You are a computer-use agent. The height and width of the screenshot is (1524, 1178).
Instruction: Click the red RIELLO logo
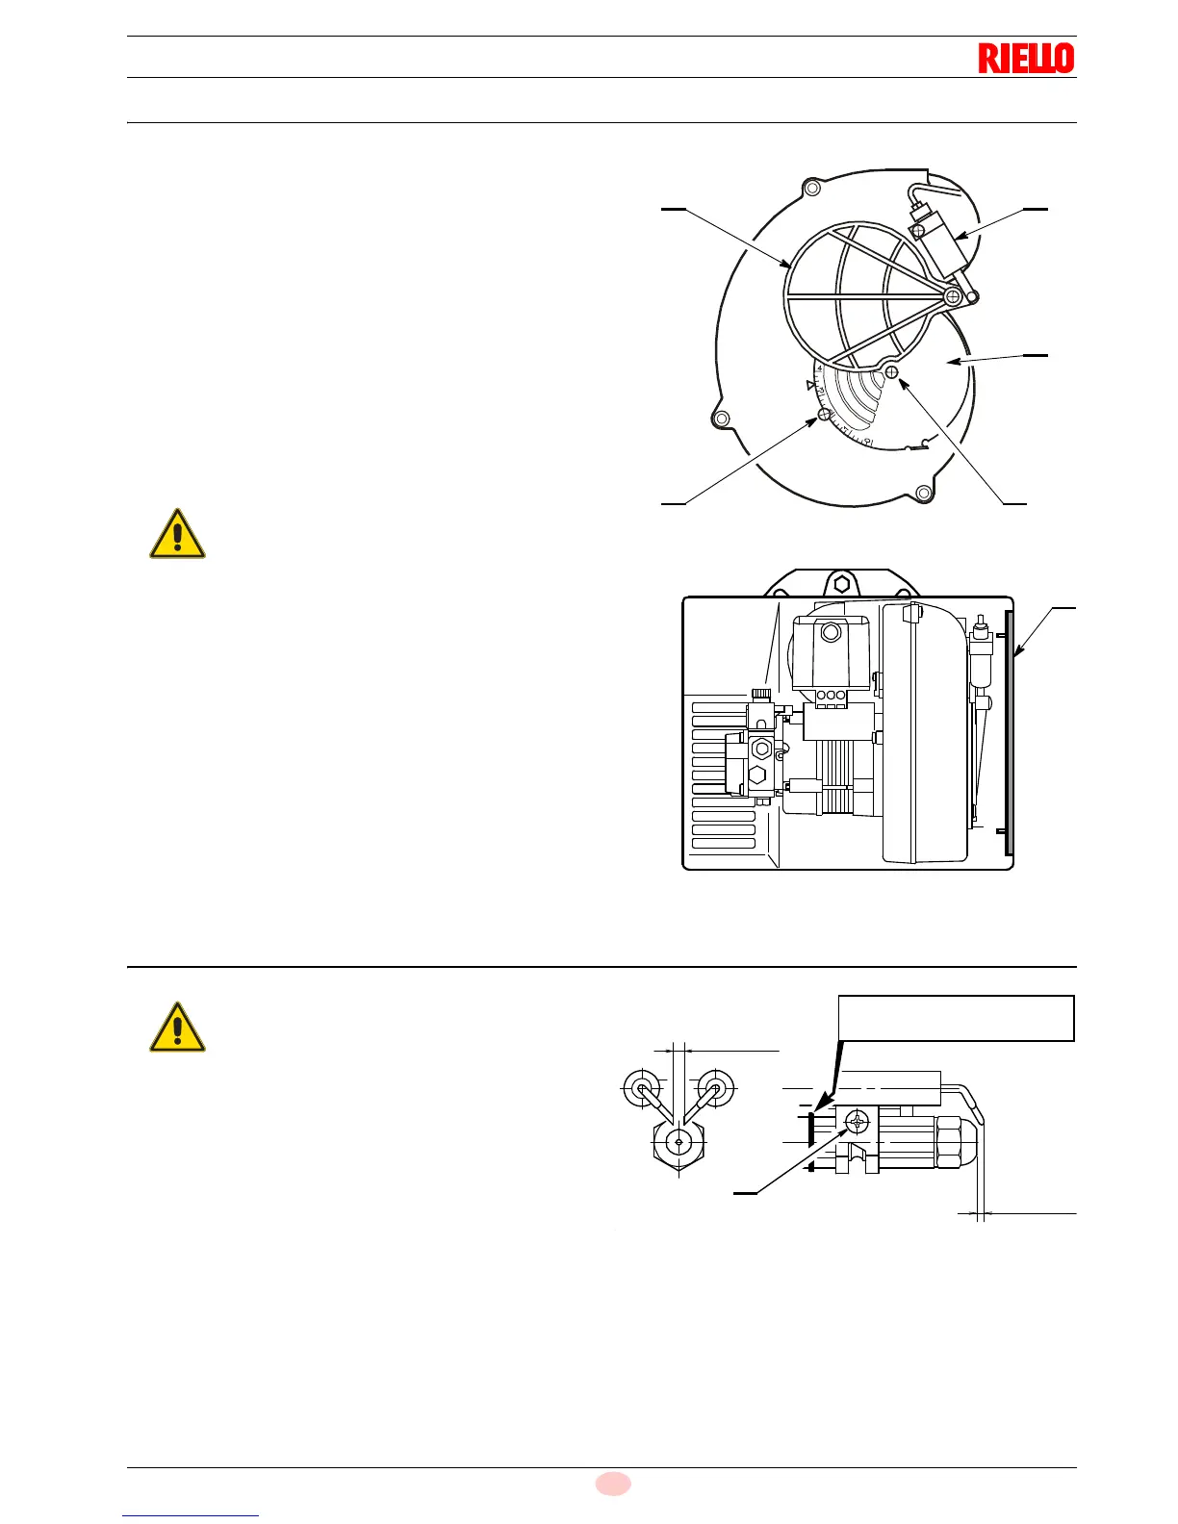coord(1026,59)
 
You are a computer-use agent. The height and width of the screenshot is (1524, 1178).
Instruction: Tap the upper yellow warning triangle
coord(177,535)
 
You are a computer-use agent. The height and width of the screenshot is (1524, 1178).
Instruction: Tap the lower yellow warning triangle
coord(177,1029)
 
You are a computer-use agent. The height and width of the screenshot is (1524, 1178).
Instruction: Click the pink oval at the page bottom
coord(612,1484)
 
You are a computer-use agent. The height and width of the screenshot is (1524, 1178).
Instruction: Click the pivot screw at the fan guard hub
coord(952,296)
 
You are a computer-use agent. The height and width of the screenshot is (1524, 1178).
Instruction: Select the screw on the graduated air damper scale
coord(824,415)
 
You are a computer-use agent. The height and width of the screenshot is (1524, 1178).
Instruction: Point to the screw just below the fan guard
coord(892,371)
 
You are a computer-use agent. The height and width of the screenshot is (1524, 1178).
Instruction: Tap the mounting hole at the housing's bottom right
coord(923,493)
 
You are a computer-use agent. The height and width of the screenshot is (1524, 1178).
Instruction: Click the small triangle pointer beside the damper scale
coord(811,385)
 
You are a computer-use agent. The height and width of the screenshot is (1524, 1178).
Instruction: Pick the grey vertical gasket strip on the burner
coord(1009,732)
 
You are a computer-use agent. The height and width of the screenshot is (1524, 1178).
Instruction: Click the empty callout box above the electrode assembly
coord(956,1018)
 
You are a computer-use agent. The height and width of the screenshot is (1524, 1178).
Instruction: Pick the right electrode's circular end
coord(715,1088)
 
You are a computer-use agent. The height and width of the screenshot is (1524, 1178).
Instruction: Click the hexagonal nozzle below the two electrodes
coord(679,1142)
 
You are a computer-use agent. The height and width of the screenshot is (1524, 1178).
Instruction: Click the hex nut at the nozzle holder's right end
coord(950,1142)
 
